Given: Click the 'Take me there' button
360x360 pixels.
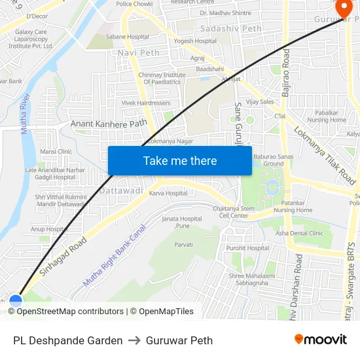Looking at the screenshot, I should pos(180,161).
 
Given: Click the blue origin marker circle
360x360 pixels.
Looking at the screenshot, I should pos(16,300).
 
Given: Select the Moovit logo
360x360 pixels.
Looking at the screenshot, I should pos(320,340).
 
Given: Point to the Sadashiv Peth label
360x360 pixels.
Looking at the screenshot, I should pos(230,29).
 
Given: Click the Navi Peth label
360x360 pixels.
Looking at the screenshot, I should pos(139,52).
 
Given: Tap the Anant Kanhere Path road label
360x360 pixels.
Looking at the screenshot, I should pos(109,123).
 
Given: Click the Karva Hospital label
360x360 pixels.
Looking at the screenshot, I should pos(168,193).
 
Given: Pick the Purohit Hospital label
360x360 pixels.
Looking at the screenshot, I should pos(248,248).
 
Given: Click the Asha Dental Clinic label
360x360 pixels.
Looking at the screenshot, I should pos(299,233).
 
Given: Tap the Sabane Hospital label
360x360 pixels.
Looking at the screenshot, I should pos(128,37).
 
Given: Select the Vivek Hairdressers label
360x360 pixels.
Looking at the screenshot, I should pos(146,103).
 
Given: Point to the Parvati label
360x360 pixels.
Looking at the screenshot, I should pos(183,244).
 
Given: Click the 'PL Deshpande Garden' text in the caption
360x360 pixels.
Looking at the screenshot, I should pos(67,340).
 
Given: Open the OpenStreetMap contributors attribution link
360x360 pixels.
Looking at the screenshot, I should pos(70,312).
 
